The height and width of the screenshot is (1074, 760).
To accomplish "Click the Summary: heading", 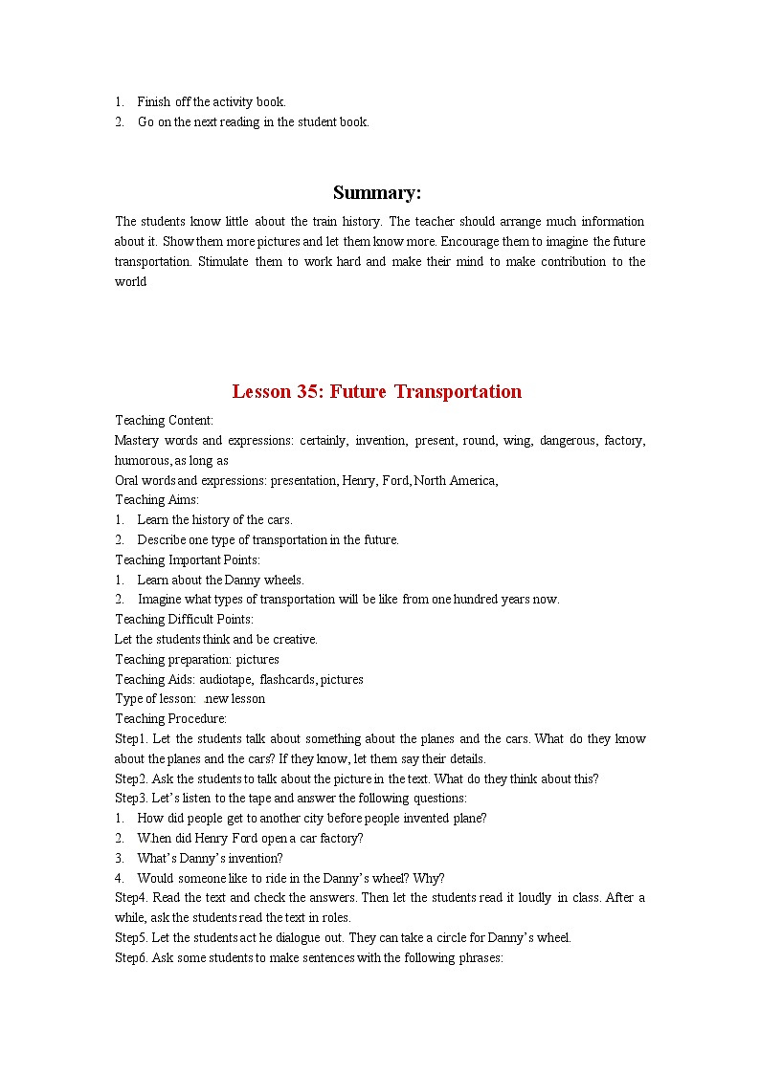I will [377, 193].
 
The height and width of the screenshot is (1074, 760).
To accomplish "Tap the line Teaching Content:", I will [164, 421].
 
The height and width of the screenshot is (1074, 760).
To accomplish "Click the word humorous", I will [141, 461].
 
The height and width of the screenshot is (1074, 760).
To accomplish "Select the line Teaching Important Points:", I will [188, 560].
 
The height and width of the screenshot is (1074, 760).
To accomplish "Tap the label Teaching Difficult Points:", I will [185, 620].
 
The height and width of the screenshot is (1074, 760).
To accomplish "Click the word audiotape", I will [227, 679].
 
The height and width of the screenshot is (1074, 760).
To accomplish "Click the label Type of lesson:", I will [155, 699].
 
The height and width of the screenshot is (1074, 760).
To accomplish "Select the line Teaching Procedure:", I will [171, 719].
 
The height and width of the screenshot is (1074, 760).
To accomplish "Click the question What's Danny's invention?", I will [210, 858].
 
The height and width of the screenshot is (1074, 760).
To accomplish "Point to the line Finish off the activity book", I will [211, 101].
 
